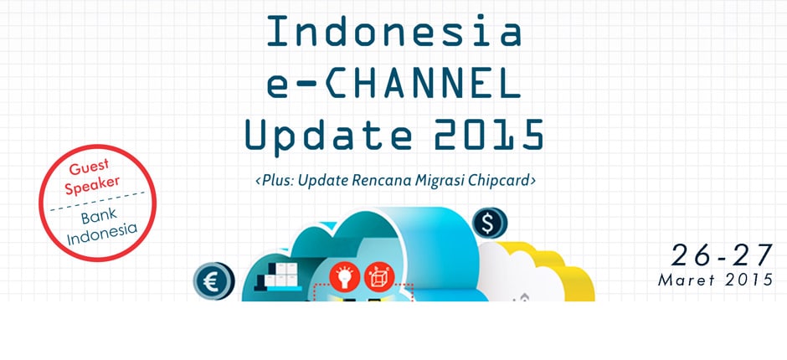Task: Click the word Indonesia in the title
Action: pyautogui.click(x=394, y=31)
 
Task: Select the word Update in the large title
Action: pyautogui.click(x=329, y=136)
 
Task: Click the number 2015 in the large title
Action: pyautogui.click(x=489, y=134)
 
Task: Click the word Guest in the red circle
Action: pyautogui.click(x=89, y=167)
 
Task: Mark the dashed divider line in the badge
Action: pyautogui.click(x=97, y=201)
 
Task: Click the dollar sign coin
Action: pyautogui.click(x=490, y=224)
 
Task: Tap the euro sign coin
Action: pyautogui.click(x=213, y=281)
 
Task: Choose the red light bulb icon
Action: pyautogui.click(x=345, y=276)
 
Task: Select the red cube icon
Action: pyautogui.click(x=379, y=276)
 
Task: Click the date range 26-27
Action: pyautogui.click(x=722, y=255)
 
